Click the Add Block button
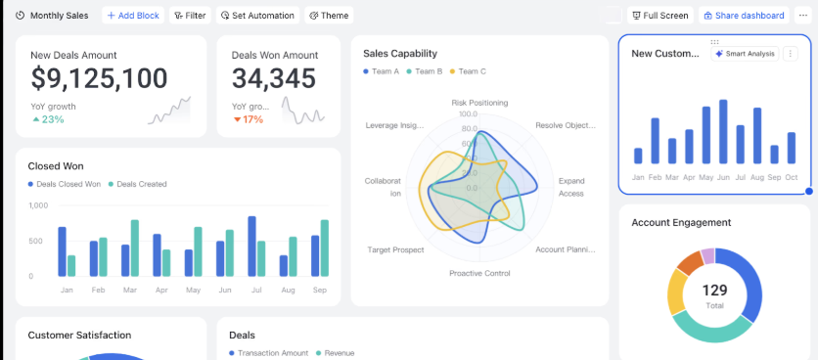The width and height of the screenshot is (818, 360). (x=132, y=16)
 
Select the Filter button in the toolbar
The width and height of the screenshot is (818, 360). (x=190, y=16)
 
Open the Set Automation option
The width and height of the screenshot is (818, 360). (x=257, y=16)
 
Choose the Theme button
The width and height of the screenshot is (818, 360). (x=329, y=16)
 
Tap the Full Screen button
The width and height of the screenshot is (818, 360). (x=659, y=16)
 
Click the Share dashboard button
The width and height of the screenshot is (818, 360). (x=743, y=16)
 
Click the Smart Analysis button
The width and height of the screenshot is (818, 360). (x=744, y=54)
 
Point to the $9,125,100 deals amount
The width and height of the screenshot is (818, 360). (x=99, y=79)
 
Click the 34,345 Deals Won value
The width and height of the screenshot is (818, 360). (x=274, y=79)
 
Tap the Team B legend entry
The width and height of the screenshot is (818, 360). (x=424, y=71)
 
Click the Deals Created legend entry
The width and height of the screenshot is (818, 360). (x=137, y=184)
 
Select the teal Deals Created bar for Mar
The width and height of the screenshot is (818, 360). (x=135, y=247)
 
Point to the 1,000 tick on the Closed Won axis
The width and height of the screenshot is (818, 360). (x=38, y=205)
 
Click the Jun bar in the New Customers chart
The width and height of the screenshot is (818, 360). (x=723, y=132)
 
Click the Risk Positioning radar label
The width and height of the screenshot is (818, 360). (x=479, y=102)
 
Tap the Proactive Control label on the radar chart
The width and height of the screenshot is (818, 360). (x=479, y=273)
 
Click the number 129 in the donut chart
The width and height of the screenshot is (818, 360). (x=715, y=291)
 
